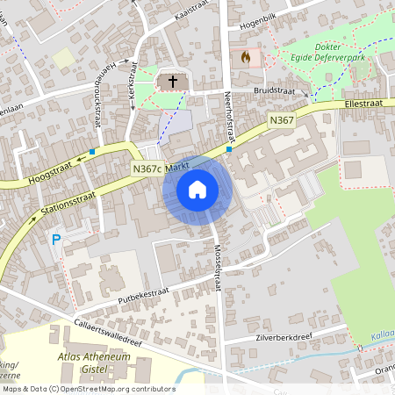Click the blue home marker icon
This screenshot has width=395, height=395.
197,189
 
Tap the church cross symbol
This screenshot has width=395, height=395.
173,82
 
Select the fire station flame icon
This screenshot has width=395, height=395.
245,57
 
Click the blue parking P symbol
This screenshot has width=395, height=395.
56,239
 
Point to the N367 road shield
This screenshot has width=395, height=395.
281,118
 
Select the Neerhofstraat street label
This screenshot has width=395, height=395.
229,117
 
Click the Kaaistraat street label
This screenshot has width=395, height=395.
171,17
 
